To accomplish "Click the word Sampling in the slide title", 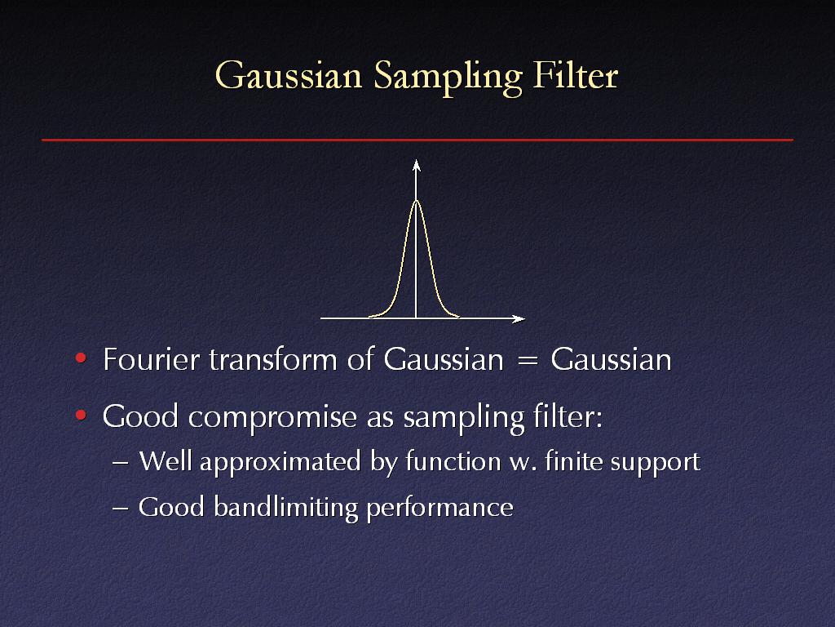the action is pos(448,78).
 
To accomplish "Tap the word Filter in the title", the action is pos(575,74).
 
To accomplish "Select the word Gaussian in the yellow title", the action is pos(289,75).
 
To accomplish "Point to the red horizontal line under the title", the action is pos(417,140).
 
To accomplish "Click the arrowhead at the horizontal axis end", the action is pos(519,319).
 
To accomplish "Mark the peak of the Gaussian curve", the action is pos(417,201).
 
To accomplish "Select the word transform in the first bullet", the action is pos(273,359).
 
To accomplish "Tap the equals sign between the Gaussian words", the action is pos(528,361).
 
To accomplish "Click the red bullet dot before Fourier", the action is pos(81,358).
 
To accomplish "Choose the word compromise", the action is pos(272,417).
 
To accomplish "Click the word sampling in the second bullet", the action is pos(464,417).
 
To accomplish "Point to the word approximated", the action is pos(281,462).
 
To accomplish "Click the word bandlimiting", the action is pos(286,507).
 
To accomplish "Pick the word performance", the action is pos(440,509).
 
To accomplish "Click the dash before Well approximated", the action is pos(121,462).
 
